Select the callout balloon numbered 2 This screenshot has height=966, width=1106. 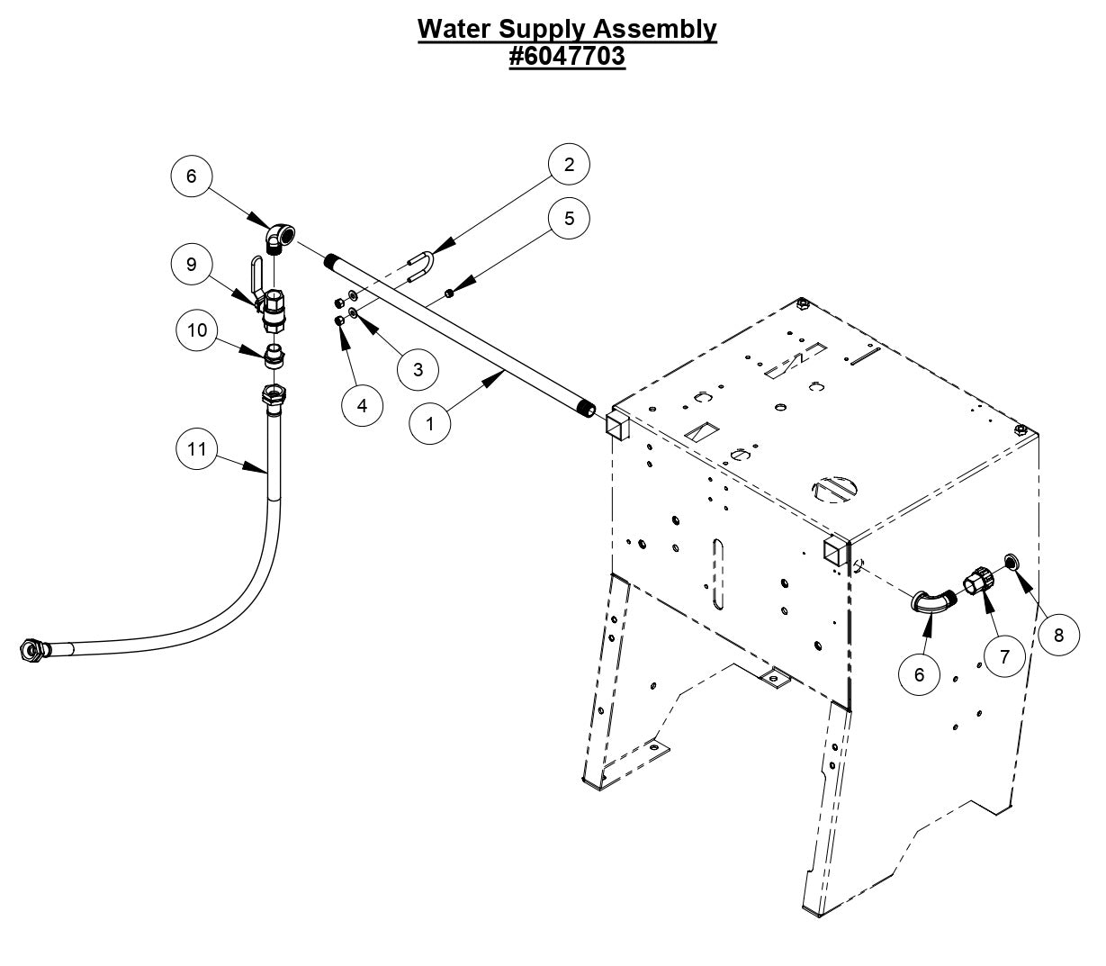569,165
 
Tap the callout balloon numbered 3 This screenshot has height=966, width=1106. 418,369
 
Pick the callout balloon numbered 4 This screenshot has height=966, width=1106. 362,406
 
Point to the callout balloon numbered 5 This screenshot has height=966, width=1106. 569,219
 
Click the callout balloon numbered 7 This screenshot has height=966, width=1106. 1003,657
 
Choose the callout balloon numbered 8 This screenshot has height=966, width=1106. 1058,635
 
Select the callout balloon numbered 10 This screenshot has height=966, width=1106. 197,330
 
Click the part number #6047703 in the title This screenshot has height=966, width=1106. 567,57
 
